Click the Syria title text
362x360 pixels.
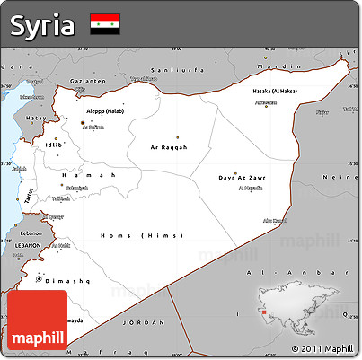click(x=41, y=24)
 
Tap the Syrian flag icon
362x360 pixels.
click(x=105, y=24)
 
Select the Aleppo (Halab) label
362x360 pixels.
click(x=106, y=110)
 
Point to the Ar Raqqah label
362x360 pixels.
click(x=169, y=146)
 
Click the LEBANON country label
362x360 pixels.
click(x=27, y=244)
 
